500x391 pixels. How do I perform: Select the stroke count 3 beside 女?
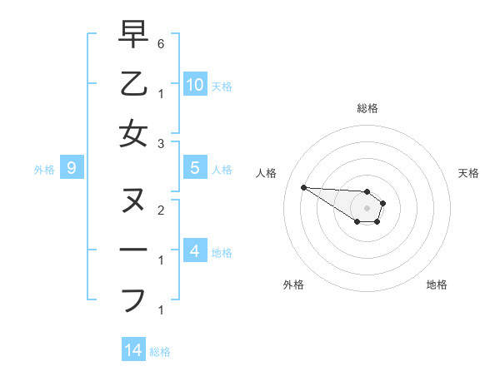point(161,143)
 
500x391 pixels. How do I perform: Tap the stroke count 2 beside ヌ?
point(161,210)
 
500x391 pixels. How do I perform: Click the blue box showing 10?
point(195,84)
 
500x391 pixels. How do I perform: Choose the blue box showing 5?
point(195,168)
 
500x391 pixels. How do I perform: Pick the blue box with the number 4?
point(195,250)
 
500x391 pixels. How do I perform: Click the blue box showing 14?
point(133,350)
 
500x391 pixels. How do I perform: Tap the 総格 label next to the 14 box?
point(160,352)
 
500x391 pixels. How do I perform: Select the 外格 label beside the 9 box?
point(44,170)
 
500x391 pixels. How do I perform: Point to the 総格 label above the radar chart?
point(367,108)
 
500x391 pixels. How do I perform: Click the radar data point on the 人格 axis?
point(303,187)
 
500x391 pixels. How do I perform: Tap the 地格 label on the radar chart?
point(437,285)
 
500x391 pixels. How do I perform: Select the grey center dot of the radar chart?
point(367,207)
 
